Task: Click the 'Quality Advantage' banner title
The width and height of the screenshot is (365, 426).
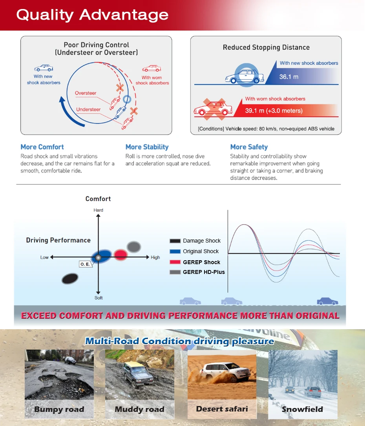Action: pos(92,15)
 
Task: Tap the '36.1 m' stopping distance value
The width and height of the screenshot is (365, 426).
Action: pos(288,77)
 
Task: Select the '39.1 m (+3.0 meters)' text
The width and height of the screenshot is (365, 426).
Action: pos(274,111)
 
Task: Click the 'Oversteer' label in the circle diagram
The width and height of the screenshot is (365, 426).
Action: pos(86,93)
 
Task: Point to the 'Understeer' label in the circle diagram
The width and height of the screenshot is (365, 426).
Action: pos(88,109)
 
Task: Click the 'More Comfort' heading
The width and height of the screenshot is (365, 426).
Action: pos(42,147)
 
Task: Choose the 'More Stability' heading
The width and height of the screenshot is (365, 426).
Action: pos(147,147)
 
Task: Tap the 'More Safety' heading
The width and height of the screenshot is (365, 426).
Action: pos(249,147)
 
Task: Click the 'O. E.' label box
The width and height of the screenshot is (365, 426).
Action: pos(85,264)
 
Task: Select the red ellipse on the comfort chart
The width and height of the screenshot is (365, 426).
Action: pos(121,255)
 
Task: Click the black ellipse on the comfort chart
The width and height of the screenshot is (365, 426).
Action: pos(70,279)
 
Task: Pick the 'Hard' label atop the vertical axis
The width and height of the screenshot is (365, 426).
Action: pos(98,210)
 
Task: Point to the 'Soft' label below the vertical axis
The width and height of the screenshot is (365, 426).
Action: pos(98,298)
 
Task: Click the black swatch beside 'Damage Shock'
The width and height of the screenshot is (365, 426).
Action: pos(175,241)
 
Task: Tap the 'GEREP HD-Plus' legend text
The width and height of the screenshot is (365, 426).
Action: pos(204,272)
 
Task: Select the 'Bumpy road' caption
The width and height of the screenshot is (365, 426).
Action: pos(59,410)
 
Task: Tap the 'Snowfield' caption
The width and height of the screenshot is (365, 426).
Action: pos(302,410)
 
